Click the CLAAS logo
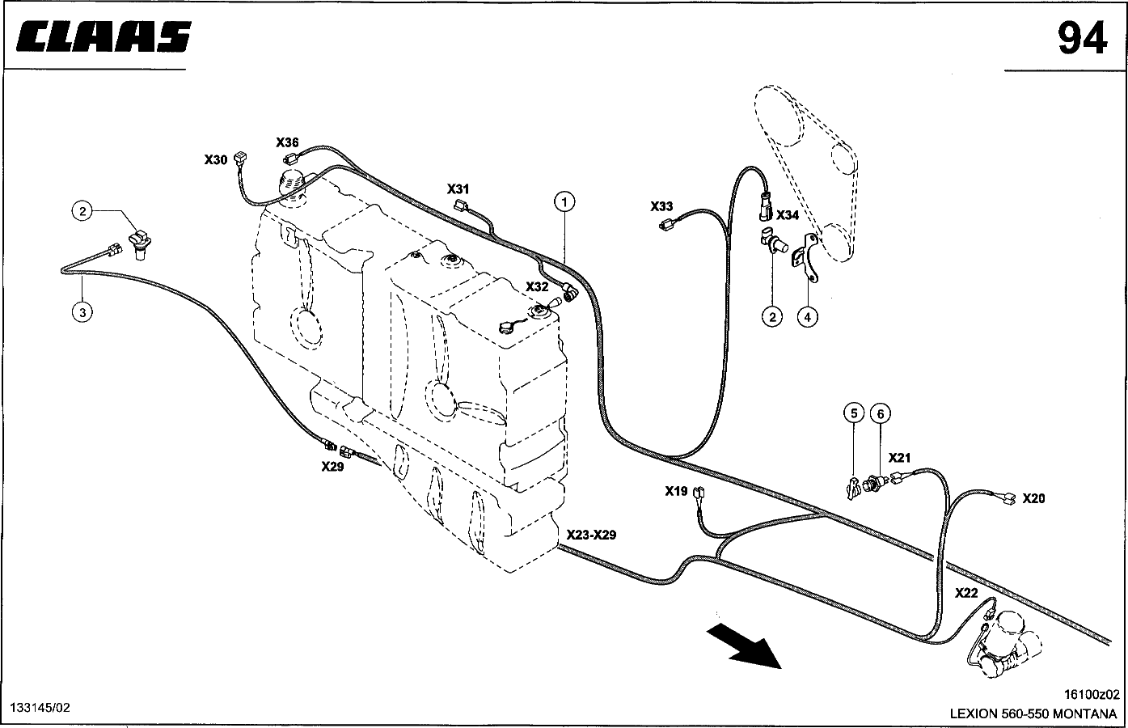pos(104,36)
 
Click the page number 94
pos(1082,38)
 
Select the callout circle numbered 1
pos(564,202)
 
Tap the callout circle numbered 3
pos(82,312)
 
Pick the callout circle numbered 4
pos(808,317)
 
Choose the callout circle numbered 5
pos(854,413)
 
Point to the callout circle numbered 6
pos(881,414)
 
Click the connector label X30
pos(216,159)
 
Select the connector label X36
pos(287,142)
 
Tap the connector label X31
pos(458,189)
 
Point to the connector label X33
pos(661,206)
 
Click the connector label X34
pos(787,215)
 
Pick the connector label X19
pos(676,491)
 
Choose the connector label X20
pos(1033,498)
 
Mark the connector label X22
pos(966,593)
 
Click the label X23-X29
pos(591,535)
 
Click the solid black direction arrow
pos(744,645)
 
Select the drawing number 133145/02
pos(40,707)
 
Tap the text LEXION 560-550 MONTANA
pos(1033,713)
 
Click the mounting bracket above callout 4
pos(805,257)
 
